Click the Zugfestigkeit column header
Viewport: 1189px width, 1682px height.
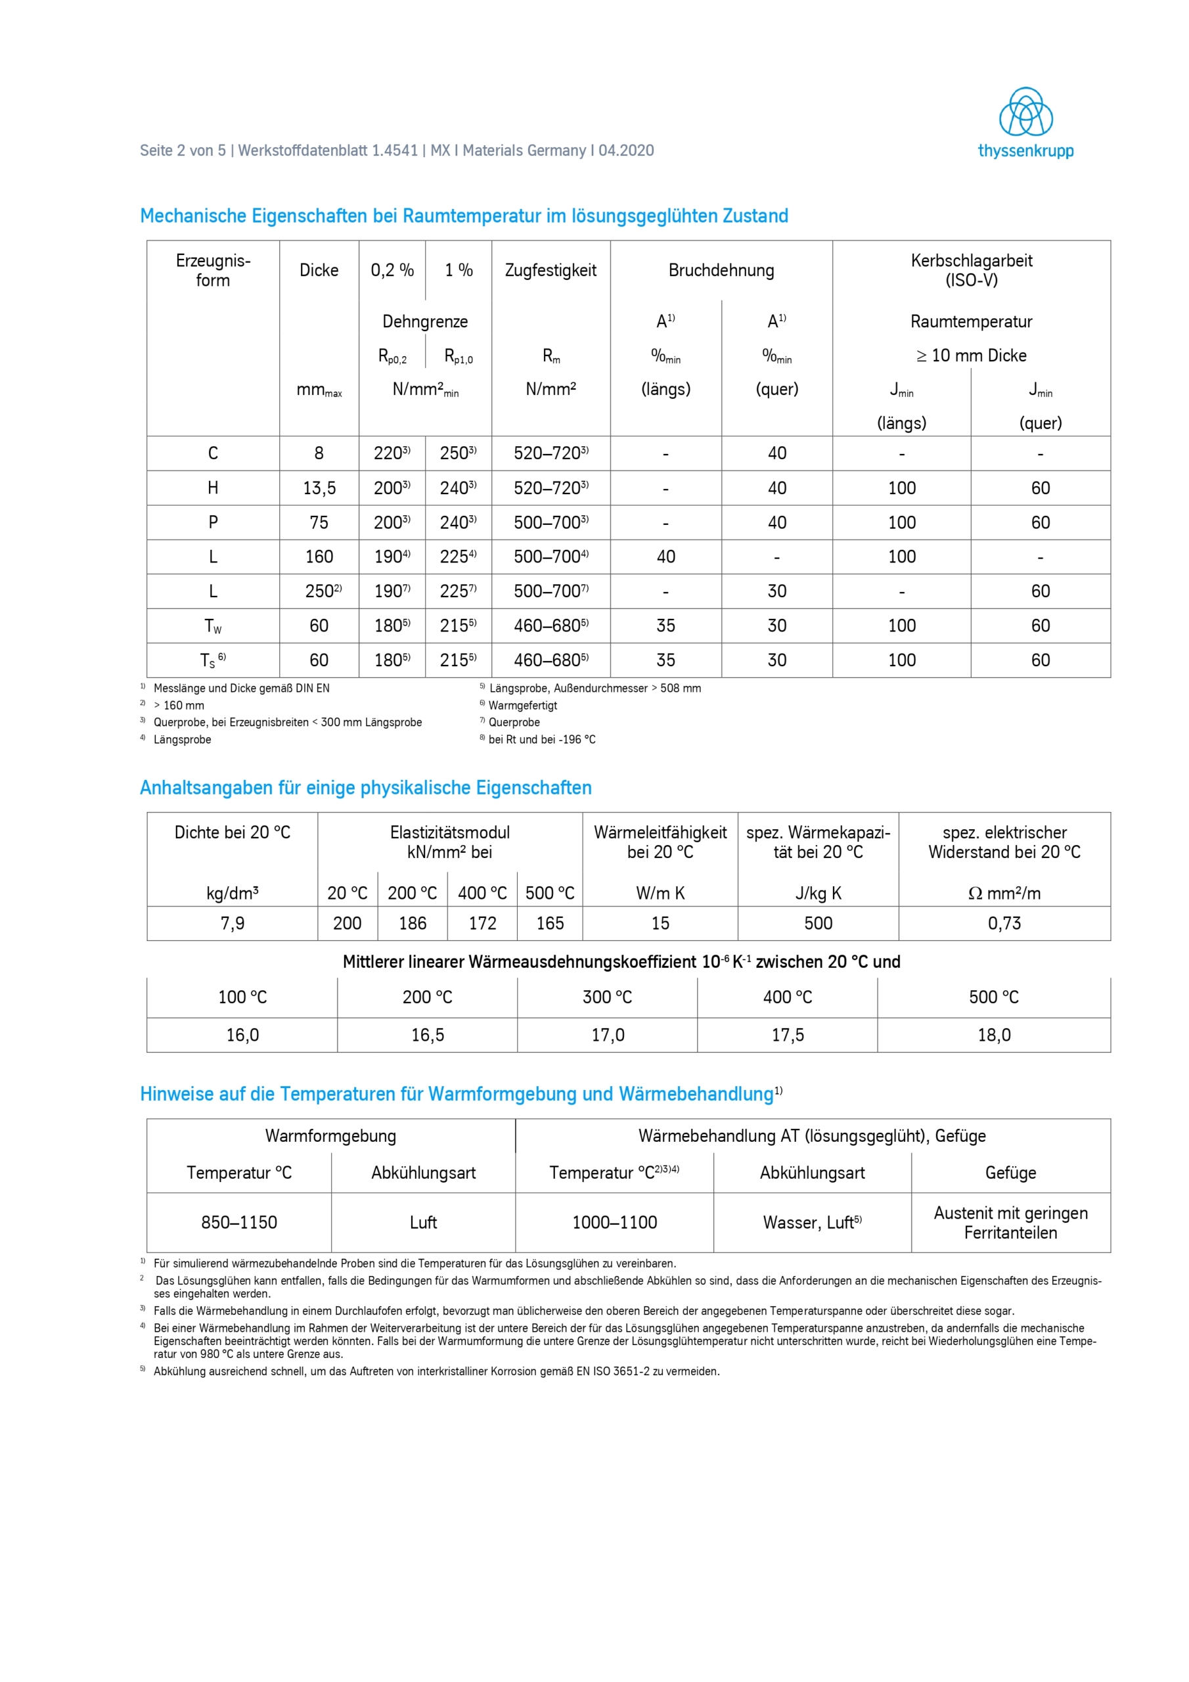pos(550,270)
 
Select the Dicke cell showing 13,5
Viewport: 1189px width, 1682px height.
pos(319,488)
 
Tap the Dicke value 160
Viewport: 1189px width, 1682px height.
pos(319,557)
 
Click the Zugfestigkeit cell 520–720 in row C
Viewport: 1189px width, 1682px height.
pos(550,453)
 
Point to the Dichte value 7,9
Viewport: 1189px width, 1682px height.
pos(233,923)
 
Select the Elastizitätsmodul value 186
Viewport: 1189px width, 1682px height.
pos(413,923)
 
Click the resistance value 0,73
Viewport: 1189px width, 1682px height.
pos(1004,923)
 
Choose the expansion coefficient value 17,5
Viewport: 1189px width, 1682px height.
pos(788,1034)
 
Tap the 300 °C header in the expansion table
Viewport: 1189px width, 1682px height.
pos(608,997)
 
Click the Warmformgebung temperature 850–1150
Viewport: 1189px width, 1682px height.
pos(239,1222)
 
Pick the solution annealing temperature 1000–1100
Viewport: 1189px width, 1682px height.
pos(614,1222)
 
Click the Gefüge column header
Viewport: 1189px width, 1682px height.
pos(1010,1173)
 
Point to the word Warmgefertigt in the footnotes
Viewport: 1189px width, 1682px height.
pos(522,706)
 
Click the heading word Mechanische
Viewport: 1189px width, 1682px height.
pos(192,216)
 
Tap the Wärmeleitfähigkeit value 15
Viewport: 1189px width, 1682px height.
pos(660,923)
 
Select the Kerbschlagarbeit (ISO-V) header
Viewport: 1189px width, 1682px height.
pos(971,270)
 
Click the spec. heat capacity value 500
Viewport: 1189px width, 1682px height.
pos(818,923)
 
